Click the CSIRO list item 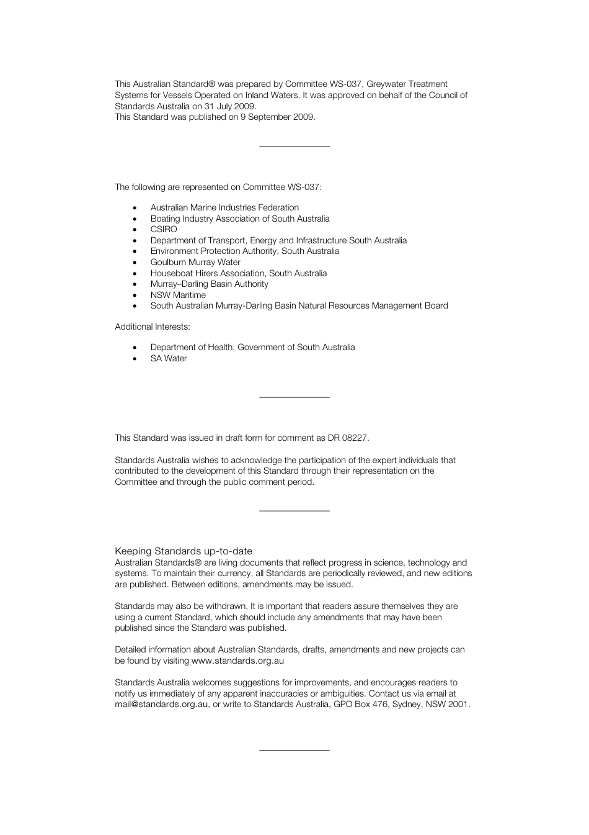[164, 230]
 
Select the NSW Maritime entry [178, 295]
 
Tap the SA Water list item [169, 358]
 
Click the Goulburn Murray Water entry [195, 262]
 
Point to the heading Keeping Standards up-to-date [184, 551]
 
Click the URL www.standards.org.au [237, 661]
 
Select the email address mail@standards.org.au [161, 705]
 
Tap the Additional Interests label [153, 327]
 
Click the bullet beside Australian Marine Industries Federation [135, 208]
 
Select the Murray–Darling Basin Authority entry [210, 284]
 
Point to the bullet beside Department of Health [135, 348]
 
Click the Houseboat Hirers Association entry [239, 273]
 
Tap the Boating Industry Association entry [240, 219]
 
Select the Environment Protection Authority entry [245, 251]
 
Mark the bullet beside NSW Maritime [135, 296]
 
